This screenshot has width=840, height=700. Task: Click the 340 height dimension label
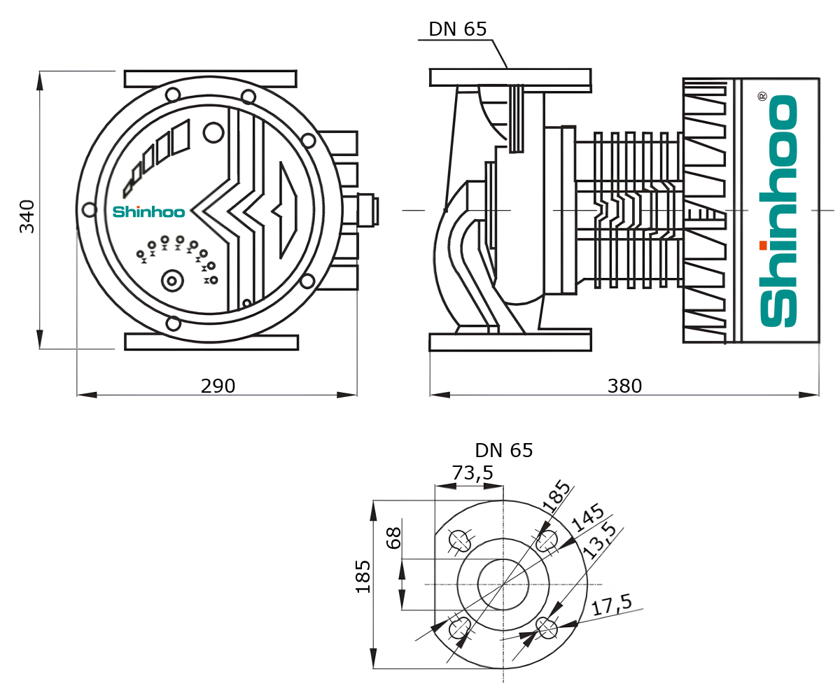27,216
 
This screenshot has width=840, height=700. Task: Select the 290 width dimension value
218,386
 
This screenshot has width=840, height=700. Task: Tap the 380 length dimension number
624,386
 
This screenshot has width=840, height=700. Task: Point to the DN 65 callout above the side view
457,29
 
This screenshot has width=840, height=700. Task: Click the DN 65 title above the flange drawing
503,451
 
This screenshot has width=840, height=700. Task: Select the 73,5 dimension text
472,474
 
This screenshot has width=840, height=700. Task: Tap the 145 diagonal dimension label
587,517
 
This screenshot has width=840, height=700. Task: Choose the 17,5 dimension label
611,605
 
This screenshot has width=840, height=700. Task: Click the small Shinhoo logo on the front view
148,211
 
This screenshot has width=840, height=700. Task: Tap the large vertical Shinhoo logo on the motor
778,210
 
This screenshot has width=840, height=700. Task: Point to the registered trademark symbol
762,96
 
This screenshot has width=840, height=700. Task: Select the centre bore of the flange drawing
503,584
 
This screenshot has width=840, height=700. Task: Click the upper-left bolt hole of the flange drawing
459,540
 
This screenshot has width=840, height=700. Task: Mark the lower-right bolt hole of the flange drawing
547,629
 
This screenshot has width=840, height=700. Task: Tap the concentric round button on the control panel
171,281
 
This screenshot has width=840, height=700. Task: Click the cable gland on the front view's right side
368,209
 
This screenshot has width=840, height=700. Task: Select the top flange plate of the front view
210,78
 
